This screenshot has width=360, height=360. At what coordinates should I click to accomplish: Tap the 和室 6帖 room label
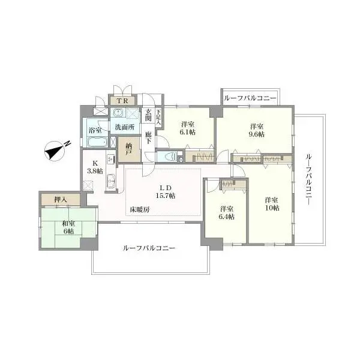click(x=67, y=227)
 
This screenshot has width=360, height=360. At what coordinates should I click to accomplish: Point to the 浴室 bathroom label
click(x=95, y=130)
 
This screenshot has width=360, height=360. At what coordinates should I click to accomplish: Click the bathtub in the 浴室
click(x=96, y=143)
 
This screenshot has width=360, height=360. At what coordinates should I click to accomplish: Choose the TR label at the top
click(x=122, y=100)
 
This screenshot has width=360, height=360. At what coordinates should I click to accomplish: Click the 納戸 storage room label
click(x=130, y=148)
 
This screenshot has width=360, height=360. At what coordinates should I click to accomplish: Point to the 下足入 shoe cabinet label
click(x=159, y=115)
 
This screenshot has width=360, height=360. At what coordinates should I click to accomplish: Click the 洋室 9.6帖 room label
click(x=257, y=130)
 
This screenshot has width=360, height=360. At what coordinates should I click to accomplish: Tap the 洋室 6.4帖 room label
click(x=226, y=212)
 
